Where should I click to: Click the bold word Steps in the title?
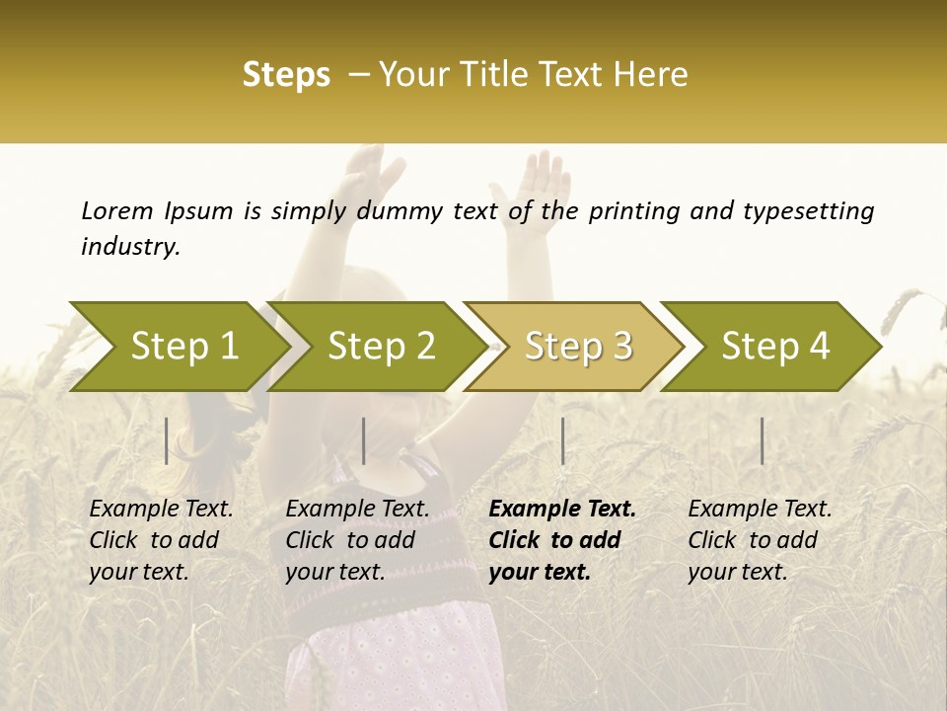286,75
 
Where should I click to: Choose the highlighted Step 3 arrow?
578,346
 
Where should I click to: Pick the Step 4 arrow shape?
775,346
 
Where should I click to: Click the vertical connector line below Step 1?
167,440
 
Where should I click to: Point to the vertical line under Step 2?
364,440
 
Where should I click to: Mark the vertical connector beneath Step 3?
563,440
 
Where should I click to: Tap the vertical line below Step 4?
763,440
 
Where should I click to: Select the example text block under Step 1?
161,539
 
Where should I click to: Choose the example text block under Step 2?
357,539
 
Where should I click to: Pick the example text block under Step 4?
760,539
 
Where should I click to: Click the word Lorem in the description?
117,211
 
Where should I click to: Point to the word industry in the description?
129,247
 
